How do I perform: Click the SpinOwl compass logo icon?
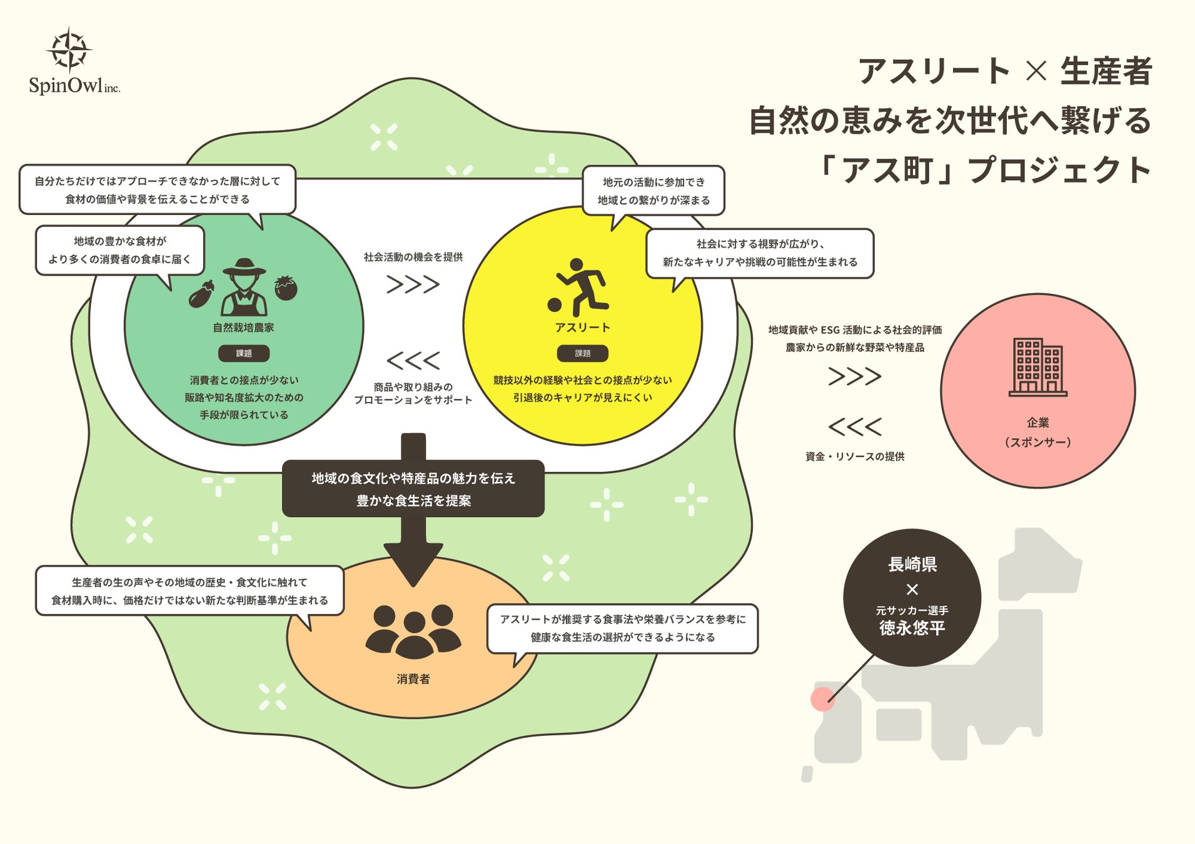69,49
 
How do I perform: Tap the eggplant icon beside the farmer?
201,294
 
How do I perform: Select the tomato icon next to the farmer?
286,288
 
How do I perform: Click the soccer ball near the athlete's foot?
554,304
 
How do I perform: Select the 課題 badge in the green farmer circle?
244,353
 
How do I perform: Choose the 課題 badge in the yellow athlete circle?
582,353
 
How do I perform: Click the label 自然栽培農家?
243,328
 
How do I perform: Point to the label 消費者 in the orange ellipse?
413,679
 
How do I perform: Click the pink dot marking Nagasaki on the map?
822,699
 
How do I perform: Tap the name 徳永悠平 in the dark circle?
912,628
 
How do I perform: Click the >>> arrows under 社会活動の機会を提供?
413,284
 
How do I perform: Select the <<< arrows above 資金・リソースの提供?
855,427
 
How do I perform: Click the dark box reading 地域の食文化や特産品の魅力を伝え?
413,489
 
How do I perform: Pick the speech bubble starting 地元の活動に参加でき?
653,191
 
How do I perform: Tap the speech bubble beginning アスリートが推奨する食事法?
622,628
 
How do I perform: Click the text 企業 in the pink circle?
1037,423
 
